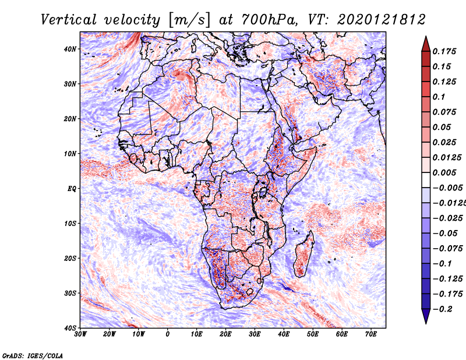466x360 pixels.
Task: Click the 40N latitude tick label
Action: point(69,49)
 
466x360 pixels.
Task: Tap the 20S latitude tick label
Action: point(69,258)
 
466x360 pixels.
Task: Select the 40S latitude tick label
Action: point(69,327)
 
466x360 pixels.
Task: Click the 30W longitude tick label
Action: point(80,334)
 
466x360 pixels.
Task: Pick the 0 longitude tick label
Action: point(168,334)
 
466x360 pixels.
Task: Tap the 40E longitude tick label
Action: point(284,334)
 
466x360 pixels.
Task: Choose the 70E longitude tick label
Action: point(371,334)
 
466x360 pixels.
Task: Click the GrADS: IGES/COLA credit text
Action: point(32,355)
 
